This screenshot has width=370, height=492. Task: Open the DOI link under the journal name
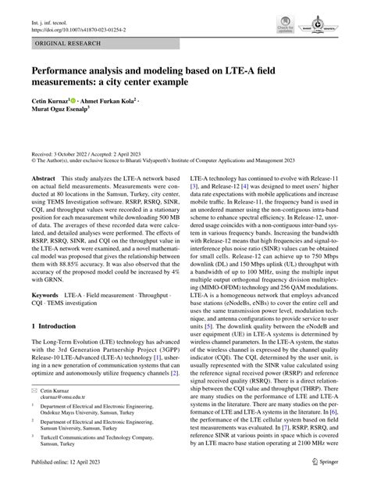(69, 18)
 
